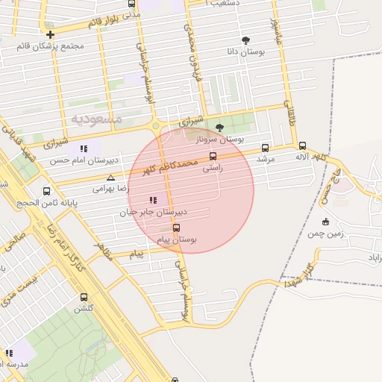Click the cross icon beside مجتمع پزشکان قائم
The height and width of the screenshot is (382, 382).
pyautogui.click(x=50, y=34)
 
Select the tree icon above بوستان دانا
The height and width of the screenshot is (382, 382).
pyautogui.click(x=245, y=40)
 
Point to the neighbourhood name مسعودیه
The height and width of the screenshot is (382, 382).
pyautogui.click(x=96, y=119)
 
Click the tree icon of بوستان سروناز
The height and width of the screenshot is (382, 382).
pyautogui.click(x=219, y=128)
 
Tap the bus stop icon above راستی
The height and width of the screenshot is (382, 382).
pyautogui.click(x=213, y=157)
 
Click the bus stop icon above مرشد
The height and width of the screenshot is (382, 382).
pyautogui.click(x=266, y=148)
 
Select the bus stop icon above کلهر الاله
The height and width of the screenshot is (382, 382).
pyautogui.click(x=302, y=146)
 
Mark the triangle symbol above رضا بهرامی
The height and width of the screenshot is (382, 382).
pyautogui.click(x=110, y=178)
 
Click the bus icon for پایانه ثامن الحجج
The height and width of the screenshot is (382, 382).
pyautogui.click(x=47, y=190)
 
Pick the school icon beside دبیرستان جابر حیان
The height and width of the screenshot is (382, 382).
pyautogui.click(x=153, y=200)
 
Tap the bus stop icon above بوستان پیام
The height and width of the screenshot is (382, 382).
pyautogui.click(x=176, y=228)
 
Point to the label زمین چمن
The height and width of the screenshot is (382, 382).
pyautogui.click(x=326, y=234)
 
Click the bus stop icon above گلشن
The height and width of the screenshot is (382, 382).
pyautogui.click(x=82, y=296)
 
